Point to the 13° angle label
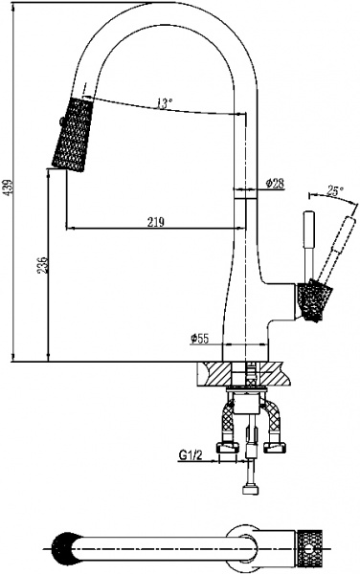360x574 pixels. tap(166, 102)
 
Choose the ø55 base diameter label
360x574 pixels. tap(199, 338)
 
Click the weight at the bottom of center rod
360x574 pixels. tap(251, 491)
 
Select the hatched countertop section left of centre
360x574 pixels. tap(214, 372)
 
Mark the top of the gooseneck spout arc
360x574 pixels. tap(170, 8)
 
